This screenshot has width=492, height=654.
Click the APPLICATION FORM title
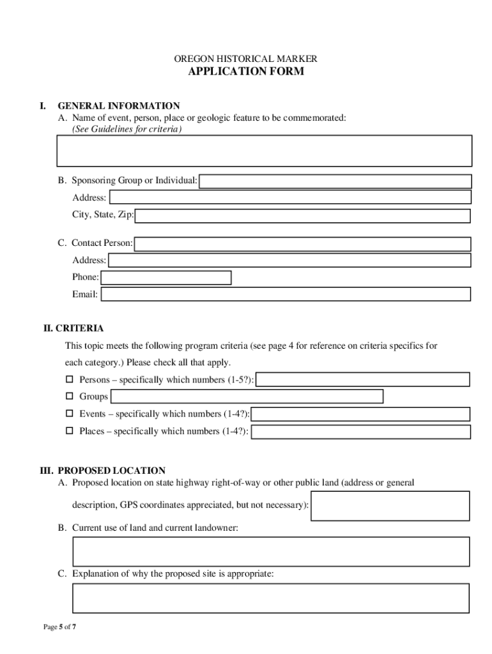tap(246, 72)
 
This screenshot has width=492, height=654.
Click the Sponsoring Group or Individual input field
tap(336, 181)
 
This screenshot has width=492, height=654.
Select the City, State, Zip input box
tap(303, 216)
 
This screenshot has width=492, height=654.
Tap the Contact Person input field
tap(303, 244)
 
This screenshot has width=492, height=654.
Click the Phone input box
tap(166, 278)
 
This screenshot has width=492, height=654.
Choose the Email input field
tap(286, 294)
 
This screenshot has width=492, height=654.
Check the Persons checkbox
tap(70, 379)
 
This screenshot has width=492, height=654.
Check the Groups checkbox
tap(70, 397)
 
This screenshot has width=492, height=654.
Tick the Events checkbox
tap(70, 414)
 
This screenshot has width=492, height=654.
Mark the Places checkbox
tap(70, 431)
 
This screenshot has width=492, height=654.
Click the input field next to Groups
tap(247, 397)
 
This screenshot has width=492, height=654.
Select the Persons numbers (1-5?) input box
tap(363, 380)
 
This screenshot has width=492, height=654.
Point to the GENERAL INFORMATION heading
tap(119, 106)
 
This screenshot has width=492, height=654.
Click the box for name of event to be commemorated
tap(265, 151)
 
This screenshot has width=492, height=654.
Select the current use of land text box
tap(271, 552)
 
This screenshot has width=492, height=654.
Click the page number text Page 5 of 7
tap(60, 627)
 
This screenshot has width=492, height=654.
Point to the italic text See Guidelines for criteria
tap(127, 129)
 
